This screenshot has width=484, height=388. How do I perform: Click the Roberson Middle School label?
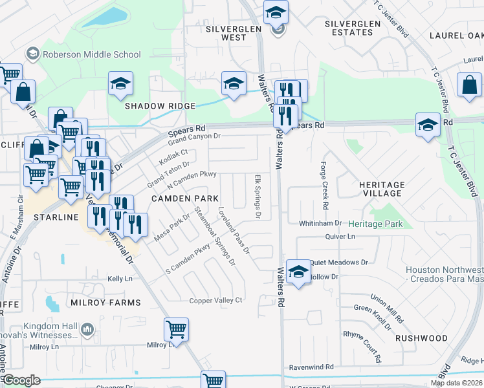(91, 55)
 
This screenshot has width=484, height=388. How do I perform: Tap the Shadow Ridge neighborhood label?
(160, 106)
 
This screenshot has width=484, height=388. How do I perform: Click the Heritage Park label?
(380, 224)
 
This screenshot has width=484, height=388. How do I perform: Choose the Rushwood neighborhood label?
(421, 338)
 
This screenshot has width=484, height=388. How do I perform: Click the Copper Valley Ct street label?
(215, 300)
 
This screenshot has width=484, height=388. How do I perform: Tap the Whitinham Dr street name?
(320, 223)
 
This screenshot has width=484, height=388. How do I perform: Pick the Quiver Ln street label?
(341, 237)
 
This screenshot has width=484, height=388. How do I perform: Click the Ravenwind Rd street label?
(311, 367)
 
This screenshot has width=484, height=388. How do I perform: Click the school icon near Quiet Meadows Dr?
(298, 271)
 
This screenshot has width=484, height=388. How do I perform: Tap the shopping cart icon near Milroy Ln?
(176, 329)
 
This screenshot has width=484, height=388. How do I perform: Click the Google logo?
(23, 380)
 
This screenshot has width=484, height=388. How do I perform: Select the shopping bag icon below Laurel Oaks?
(469, 84)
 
